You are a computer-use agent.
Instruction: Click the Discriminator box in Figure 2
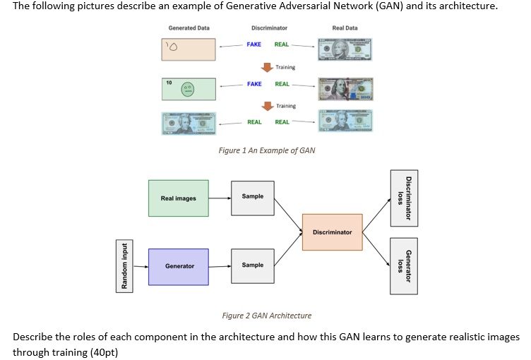(x=332, y=232)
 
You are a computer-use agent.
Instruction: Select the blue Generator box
(x=179, y=266)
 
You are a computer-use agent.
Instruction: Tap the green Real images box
(x=179, y=198)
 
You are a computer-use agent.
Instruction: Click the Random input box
(x=125, y=265)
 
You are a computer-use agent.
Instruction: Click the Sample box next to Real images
(x=252, y=198)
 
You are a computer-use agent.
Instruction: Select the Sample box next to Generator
(x=252, y=265)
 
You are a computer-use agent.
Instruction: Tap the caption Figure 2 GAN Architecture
(x=266, y=316)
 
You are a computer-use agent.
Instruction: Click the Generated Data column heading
(x=189, y=28)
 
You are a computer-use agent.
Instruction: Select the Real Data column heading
(x=345, y=28)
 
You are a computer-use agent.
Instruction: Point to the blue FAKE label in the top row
(x=253, y=44)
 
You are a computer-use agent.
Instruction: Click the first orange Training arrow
(x=268, y=68)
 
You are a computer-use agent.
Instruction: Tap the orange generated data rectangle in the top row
(x=189, y=49)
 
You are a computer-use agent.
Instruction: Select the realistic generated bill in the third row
(x=189, y=123)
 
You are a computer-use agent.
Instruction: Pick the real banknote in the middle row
(x=345, y=90)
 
